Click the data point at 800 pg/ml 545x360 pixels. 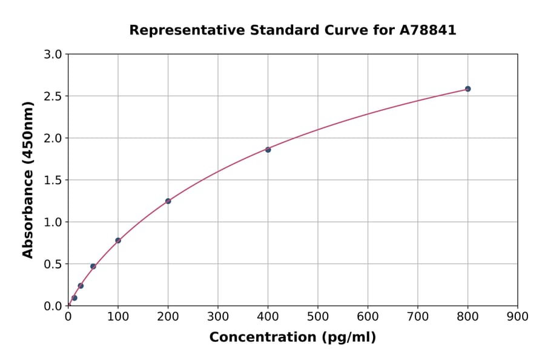[467, 89]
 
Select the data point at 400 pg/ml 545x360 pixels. [268, 150]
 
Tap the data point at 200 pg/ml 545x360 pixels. [168, 201]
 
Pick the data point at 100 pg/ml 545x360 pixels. [118, 241]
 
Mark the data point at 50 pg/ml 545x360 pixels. [93, 267]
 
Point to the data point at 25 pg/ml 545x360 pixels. [81, 286]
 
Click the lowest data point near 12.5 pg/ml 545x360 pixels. [74, 298]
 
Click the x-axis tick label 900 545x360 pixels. [518, 316]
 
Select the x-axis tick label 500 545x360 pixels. [318, 316]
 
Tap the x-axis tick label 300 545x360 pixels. [218, 316]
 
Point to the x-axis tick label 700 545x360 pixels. [418, 316]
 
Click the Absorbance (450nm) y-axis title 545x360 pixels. [28, 179]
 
